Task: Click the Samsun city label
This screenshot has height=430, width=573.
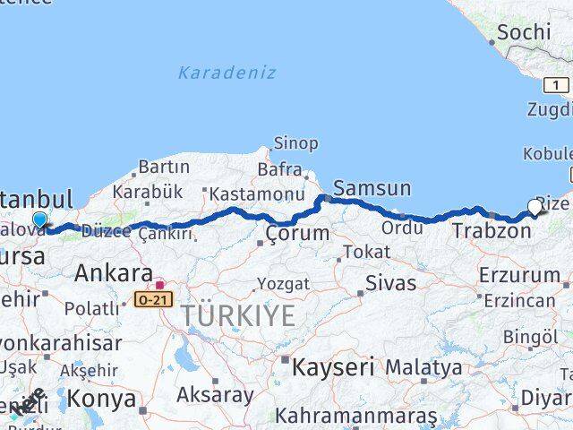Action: click(x=372, y=188)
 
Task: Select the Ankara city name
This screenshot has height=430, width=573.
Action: click(x=113, y=272)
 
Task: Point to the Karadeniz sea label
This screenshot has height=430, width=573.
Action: click(x=227, y=73)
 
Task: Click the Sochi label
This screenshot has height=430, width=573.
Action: click(x=524, y=32)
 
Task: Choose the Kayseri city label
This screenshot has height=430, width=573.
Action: click(x=332, y=366)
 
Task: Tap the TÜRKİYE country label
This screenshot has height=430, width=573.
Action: click(x=237, y=315)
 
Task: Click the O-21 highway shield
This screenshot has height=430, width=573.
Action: click(x=153, y=300)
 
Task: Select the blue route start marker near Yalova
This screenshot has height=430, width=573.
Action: click(x=39, y=220)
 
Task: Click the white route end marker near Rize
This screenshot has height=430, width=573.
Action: click(x=535, y=207)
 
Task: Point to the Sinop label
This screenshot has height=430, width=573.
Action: click(x=295, y=143)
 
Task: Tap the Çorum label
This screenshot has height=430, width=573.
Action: click(x=296, y=234)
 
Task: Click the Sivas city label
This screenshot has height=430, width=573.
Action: click(x=390, y=283)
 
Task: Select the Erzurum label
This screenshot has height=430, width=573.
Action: click(x=518, y=274)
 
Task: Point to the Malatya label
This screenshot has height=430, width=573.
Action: click(x=423, y=367)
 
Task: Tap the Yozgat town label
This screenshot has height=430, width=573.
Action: click(x=283, y=284)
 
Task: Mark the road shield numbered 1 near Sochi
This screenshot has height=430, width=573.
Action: click(x=556, y=85)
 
